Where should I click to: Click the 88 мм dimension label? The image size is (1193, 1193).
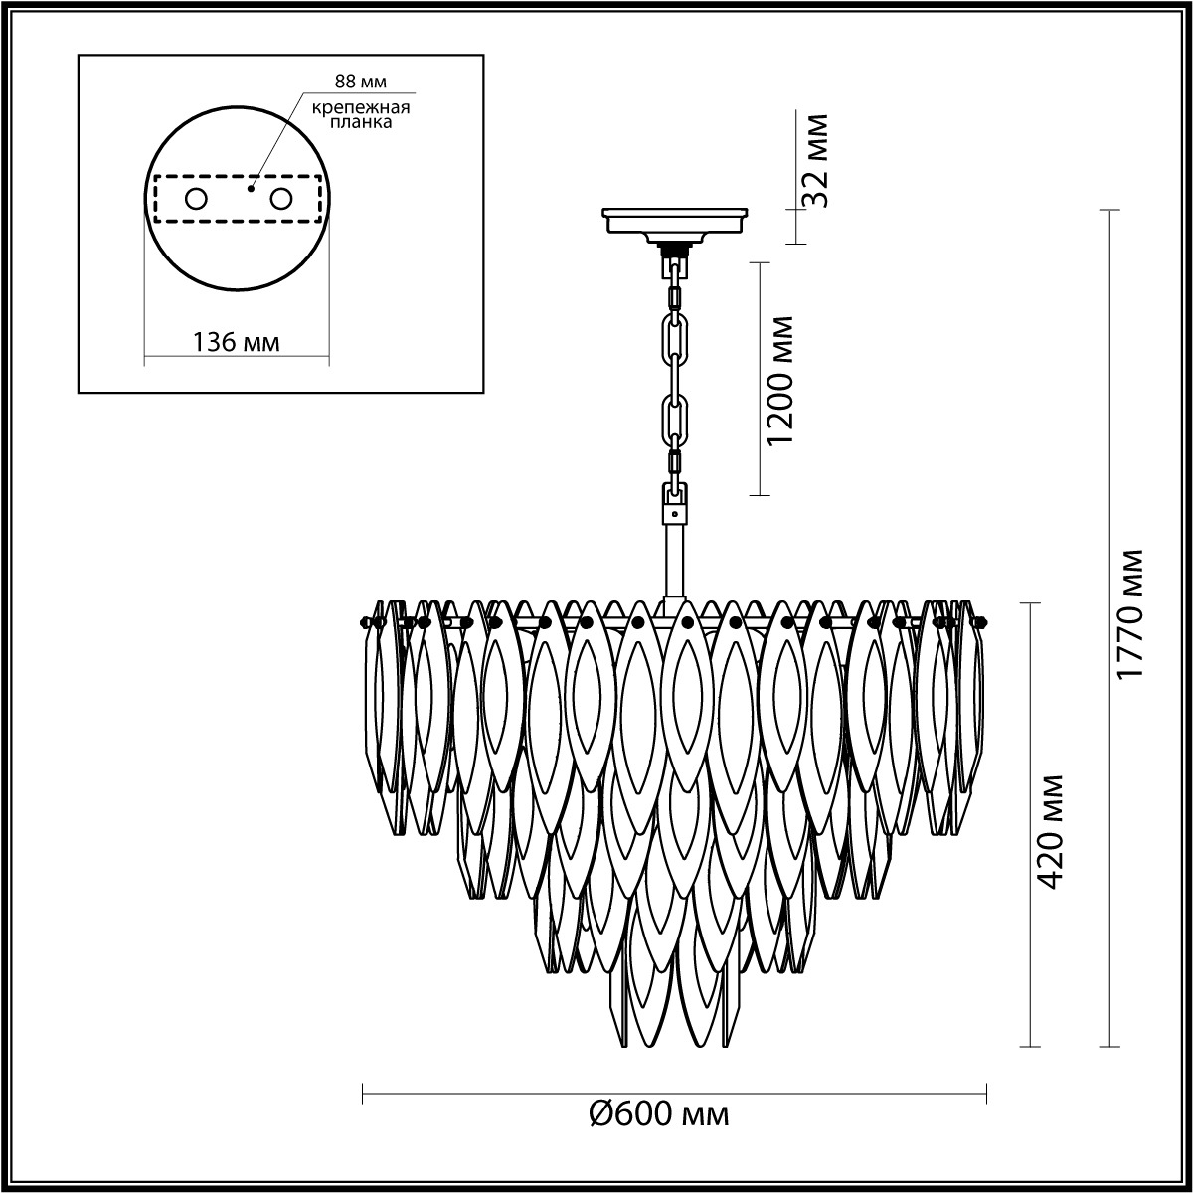(360, 82)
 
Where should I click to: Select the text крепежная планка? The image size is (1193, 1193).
(360, 115)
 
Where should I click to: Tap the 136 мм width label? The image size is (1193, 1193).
(237, 342)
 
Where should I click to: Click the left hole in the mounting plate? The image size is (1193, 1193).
(197, 200)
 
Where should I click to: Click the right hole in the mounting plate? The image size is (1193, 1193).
(280, 200)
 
